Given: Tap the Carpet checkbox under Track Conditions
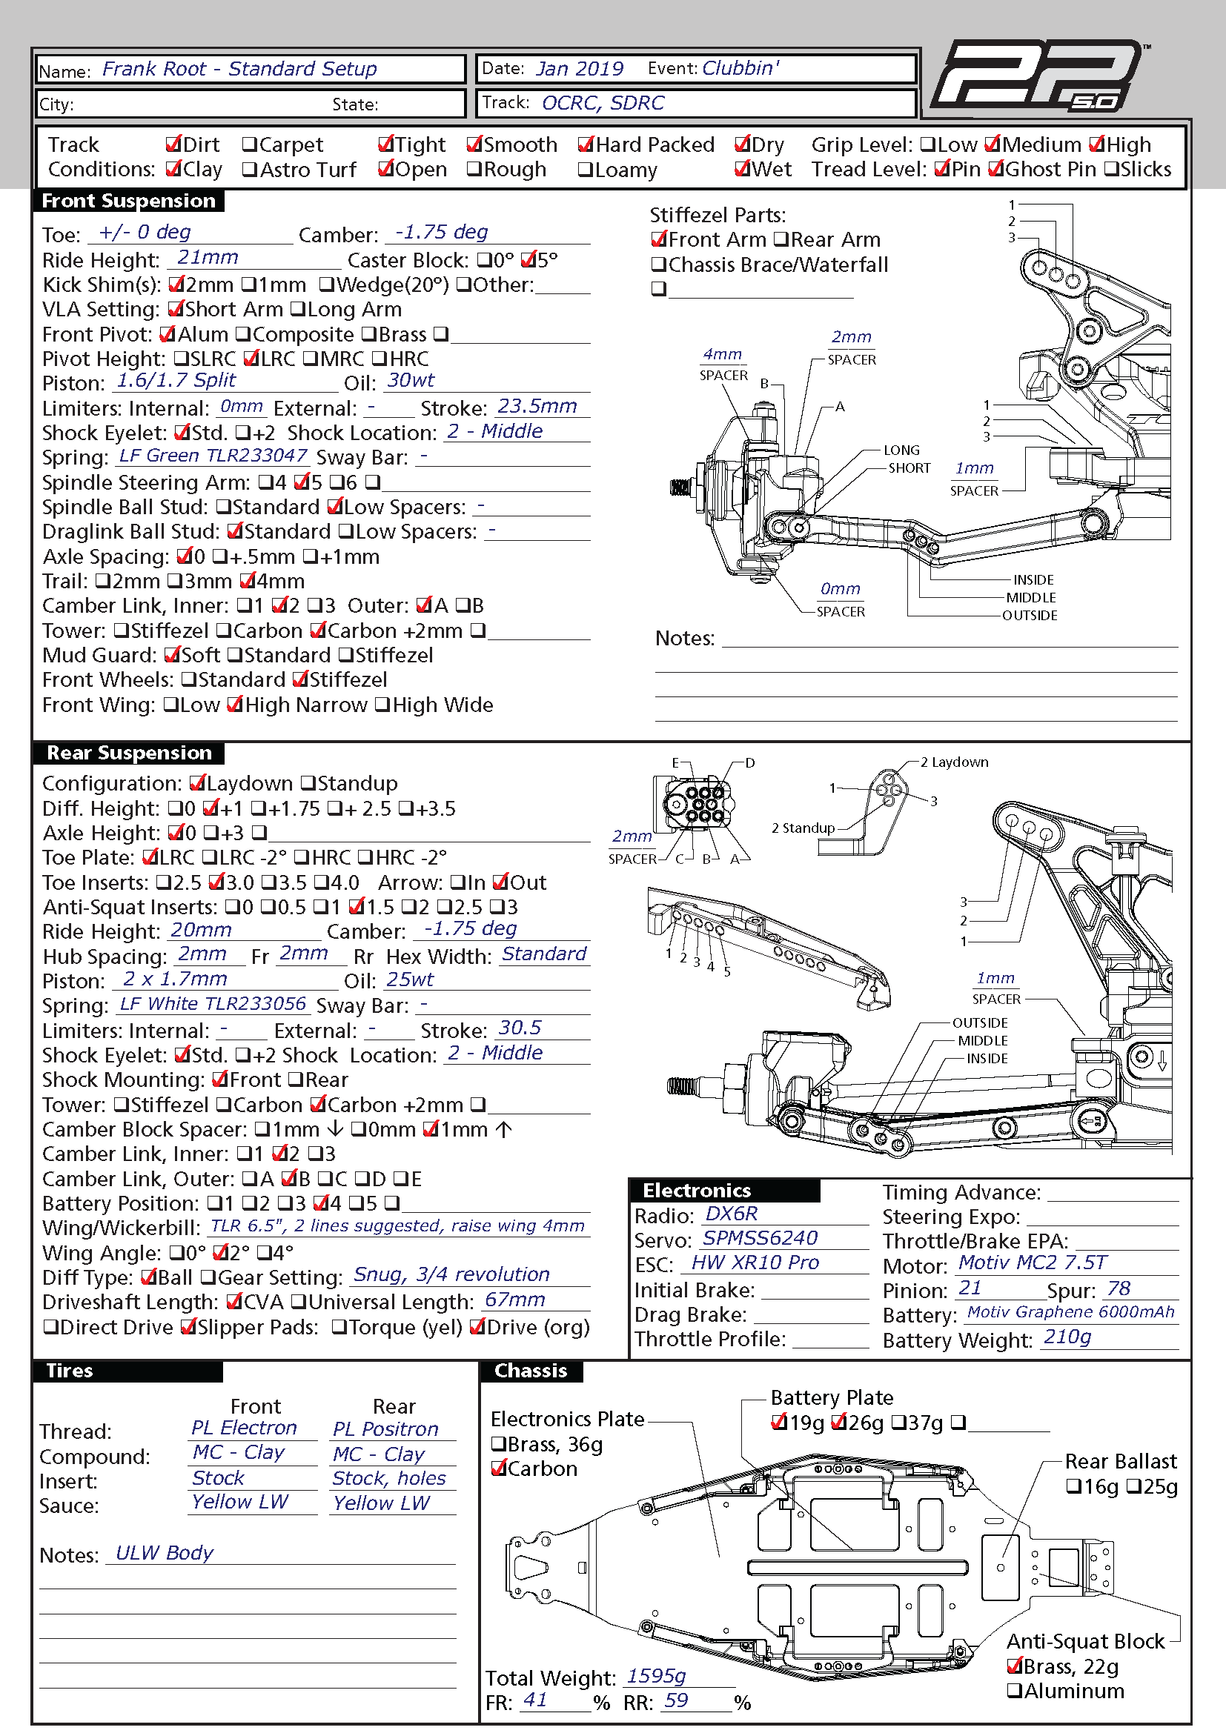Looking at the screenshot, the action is [x=249, y=145].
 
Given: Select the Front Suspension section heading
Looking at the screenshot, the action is [x=128, y=201].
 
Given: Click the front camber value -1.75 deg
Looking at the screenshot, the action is [x=442, y=232].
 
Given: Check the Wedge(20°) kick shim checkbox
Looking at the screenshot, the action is [x=326, y=285].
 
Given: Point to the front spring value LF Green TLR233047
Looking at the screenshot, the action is [x=213, y=456].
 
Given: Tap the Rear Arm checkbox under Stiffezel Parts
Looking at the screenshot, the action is [x=781, y=240].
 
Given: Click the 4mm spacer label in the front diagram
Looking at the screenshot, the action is [x=723, y=354].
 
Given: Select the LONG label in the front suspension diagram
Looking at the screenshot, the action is [x=901, y=450].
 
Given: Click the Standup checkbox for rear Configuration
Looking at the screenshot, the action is [x=308, y=783].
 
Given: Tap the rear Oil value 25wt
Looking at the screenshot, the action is [x=409, y=979].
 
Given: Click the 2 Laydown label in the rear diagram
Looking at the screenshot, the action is [x=954, y=762].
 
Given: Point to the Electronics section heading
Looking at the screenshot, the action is [x=697, y=1191].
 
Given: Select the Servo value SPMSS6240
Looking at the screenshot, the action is [x=761, y=1238].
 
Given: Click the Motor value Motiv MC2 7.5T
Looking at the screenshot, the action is [x=1032, y=1262].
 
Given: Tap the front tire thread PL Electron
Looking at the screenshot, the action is [x=244, y=1427].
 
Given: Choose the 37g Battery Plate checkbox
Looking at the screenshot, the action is [x=898, y=1423].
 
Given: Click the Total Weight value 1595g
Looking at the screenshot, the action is [x=656, y=1677].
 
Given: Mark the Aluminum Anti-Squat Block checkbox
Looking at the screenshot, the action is [x=1015, y=1691].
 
